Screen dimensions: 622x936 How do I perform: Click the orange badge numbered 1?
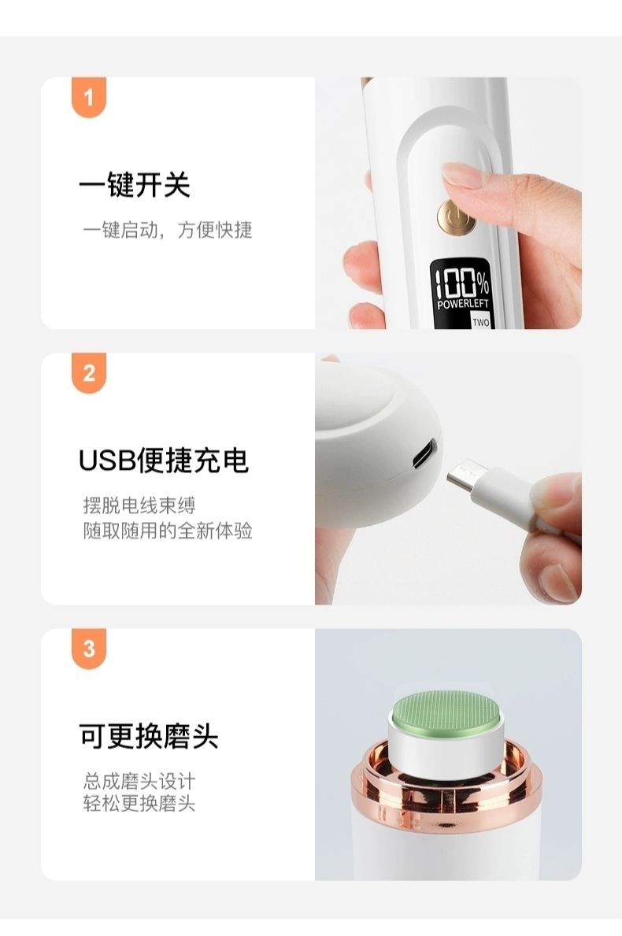coord(89,97)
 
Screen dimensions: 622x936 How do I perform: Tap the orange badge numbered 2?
coord(89,372)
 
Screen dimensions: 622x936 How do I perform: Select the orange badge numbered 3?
coord(89,649)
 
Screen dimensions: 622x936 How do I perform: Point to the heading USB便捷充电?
coord(164,461)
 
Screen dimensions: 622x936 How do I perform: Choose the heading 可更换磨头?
coord(149,736)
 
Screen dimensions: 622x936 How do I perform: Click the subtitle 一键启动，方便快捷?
coord(168,229)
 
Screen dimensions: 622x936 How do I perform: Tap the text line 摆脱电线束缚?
coord(139,505)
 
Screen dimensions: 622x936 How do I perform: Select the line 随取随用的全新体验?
coord(168,530)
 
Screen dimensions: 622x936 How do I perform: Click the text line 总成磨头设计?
coord(139,781)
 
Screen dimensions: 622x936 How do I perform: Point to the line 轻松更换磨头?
coord(139,804)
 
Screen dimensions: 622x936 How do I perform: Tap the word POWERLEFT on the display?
coord(463,305)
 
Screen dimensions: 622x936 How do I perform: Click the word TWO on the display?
coord(480,322)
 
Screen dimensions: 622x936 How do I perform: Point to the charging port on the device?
coord(424,453)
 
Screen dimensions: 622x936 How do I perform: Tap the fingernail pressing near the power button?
coord(464,176)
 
